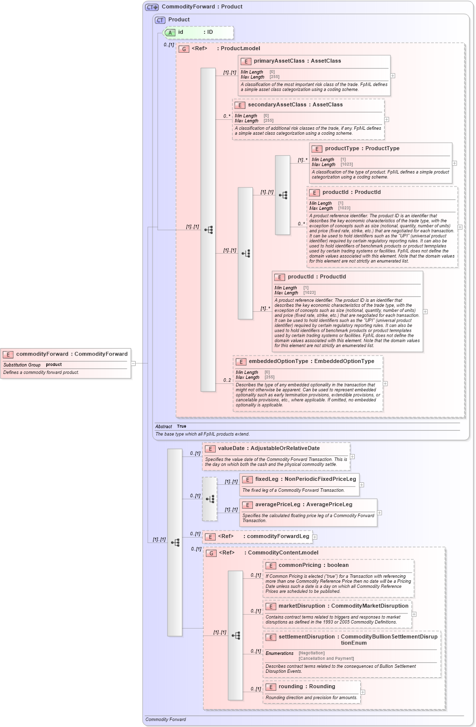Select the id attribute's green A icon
click(170, 32)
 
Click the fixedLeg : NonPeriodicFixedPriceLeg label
click(305, 479)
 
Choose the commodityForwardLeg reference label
click(278, 536)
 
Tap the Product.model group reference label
click(240, 48)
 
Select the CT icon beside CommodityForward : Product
click(152, 7)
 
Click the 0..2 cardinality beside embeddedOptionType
click(227, 380)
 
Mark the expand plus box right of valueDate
click(352, 456)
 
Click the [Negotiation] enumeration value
click(312, 653)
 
